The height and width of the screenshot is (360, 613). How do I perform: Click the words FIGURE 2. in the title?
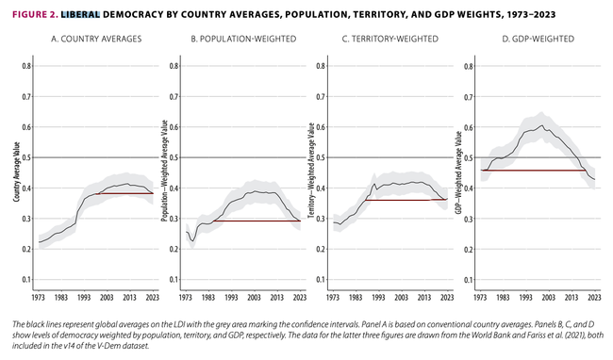click(35, 15)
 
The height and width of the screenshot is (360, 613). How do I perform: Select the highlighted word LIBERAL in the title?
click(80, 15)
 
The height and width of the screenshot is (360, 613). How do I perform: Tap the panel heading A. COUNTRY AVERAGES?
click(96, 39)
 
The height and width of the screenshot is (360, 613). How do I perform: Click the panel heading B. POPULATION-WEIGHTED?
click(243, 39)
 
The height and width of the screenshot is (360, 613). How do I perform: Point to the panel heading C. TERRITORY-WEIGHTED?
click(390, 39)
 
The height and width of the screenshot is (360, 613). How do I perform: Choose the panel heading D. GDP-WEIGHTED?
click(538, 39)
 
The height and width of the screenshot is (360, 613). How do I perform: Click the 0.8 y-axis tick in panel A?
click(26, 66)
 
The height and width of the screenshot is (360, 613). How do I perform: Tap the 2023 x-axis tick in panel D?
click(594, 298)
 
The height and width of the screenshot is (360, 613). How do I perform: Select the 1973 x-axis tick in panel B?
click(186, 298)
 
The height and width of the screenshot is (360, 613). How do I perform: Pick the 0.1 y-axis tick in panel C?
click(321, 280)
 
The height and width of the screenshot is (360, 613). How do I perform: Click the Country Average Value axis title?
click(16, 172)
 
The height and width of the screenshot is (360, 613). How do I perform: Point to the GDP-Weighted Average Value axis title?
click(458, 172)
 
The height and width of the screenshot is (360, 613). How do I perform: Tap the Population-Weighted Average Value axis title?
click(165, 171)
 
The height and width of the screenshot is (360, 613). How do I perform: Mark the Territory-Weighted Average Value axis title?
click(311, 171)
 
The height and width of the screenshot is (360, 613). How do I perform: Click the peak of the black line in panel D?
click(542, 125)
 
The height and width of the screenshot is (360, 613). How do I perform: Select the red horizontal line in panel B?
click(257, 221)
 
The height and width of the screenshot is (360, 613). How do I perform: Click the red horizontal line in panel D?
click(533, 171)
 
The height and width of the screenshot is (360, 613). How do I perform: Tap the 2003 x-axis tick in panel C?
click(401, 298)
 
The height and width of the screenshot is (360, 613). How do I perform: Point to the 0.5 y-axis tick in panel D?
click(469, 157)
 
